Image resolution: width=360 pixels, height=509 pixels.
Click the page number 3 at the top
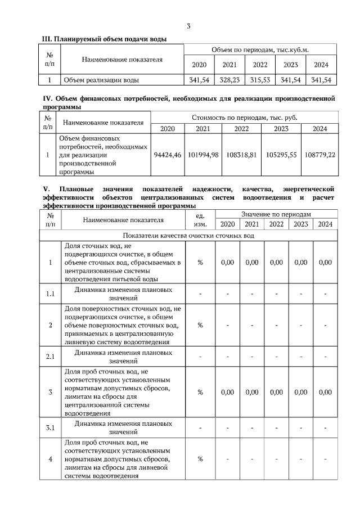pyautogui.click(x=189, y=26)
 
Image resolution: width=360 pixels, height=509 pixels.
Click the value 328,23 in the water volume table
pyautogui.click(x=229, y=80)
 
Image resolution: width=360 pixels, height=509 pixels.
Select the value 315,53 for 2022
pyautogui.click(x=260, y=80)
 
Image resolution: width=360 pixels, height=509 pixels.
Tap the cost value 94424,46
pyautogui.click(x=167, y=154)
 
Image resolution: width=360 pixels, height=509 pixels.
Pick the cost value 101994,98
pyautogui.click(x=203, y=154)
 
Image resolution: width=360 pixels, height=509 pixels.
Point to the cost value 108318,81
pyautogui.click(x=241, y=154)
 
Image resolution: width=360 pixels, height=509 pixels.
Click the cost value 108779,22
pyautogui.click(x=319, y=154)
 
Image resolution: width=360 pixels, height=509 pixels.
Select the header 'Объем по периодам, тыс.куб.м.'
pyautogui.click(x=260, y=50)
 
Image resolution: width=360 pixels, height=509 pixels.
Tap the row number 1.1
pyautogui.click(x=50, y=294)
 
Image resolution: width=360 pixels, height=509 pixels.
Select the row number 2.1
pyautogui.click(x=50, y=356)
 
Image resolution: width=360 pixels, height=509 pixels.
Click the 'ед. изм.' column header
pyautogui.click(x=200, y=219)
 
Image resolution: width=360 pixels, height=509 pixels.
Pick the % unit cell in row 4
pyautogui.click(x=200, y=459)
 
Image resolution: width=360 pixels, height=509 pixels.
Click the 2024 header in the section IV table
pyautogui.click(x=319, y=129)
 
